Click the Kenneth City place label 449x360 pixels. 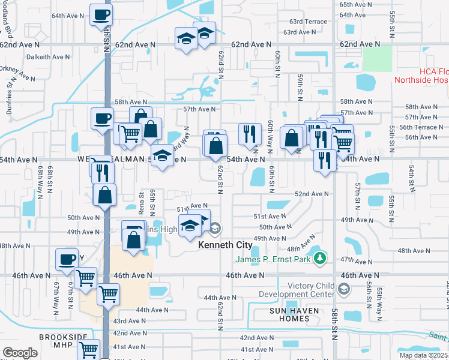point(225,245)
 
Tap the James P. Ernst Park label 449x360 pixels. point(273,259)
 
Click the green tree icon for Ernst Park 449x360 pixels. point(321,258)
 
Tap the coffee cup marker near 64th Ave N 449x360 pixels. point(101,15)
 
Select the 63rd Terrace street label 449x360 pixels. point(305,22)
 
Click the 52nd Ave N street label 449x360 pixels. point(312,194)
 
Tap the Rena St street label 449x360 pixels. point(142,202)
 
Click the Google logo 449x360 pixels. point(20,353)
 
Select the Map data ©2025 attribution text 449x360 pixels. point(424,355)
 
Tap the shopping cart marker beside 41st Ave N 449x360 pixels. point(89,349)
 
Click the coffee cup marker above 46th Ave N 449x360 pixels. point(67,260)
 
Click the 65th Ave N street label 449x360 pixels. point(352,4)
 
